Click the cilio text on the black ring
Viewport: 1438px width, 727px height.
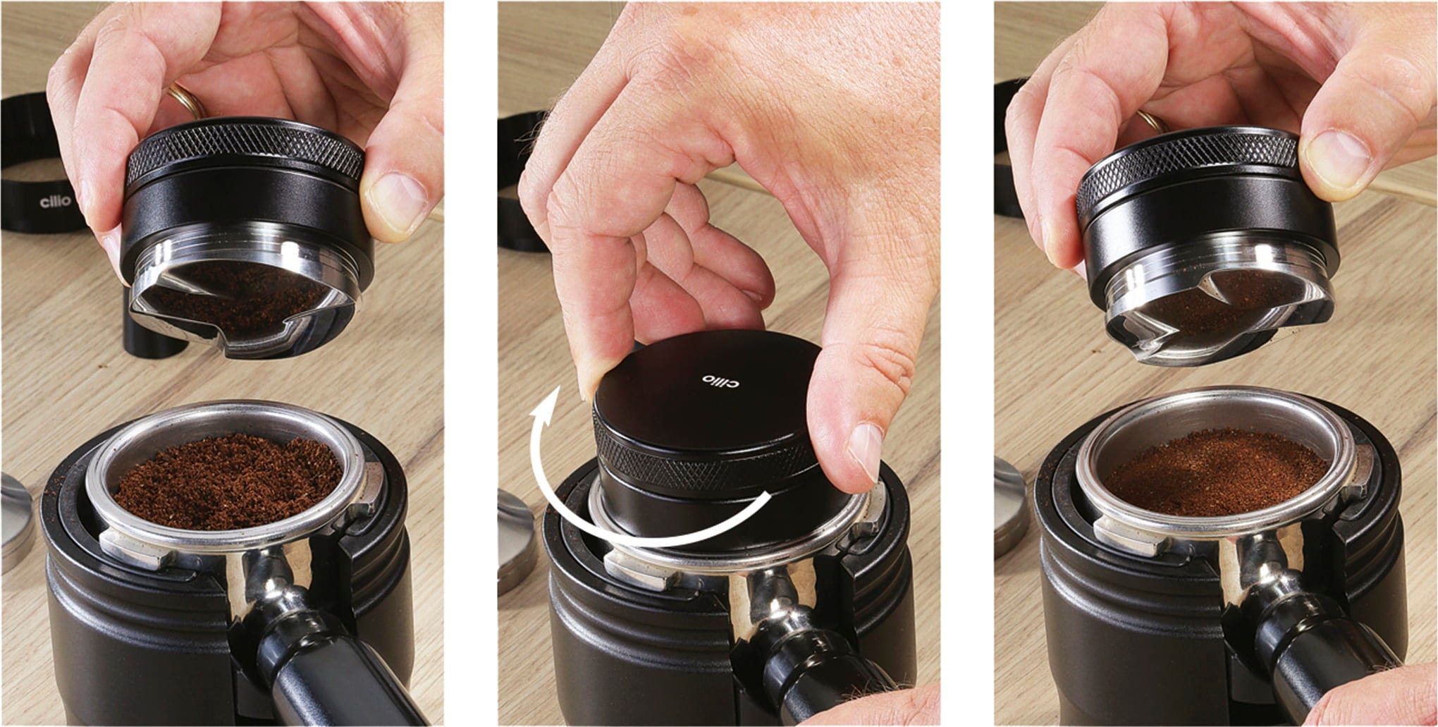(55, 202)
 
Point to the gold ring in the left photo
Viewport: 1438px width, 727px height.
(185, 101)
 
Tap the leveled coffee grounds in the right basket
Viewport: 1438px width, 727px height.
(1216, 472)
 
